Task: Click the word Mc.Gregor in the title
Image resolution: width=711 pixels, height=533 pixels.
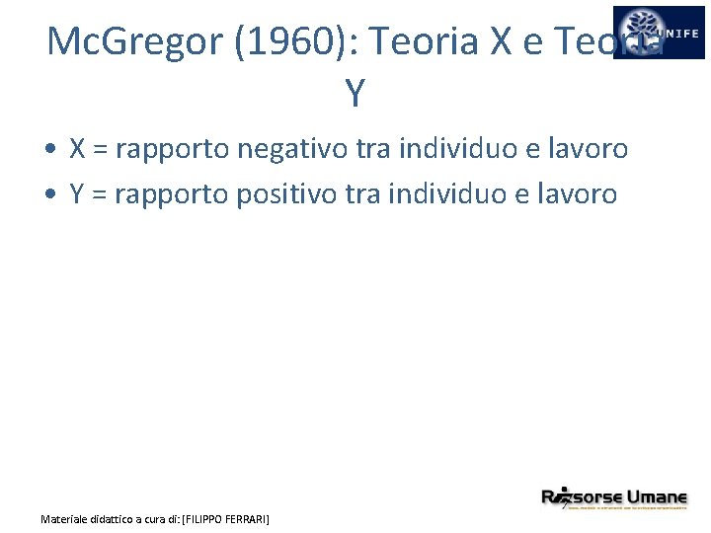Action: (x=126, y=41)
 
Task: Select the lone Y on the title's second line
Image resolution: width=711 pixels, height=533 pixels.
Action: (x=355, y=93)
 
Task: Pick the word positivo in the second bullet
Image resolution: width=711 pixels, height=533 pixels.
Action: (x=287, y=193)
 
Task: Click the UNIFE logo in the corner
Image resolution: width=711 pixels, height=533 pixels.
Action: (x=659, y=33)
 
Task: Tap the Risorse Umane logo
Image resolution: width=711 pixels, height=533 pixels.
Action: (x=613, y=498)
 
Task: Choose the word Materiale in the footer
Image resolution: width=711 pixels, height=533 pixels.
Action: (x=62, y=518)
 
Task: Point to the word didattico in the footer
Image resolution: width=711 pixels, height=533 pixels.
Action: (x=110, y=518)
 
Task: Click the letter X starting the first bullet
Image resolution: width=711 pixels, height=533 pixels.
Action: (x=77, y=149)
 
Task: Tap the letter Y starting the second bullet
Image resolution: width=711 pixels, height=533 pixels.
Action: (x=77, y=193)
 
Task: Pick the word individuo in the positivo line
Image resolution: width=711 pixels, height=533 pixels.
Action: (x=447, y=193)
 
